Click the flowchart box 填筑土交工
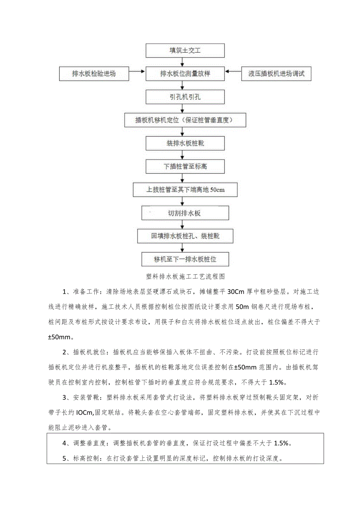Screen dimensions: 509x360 [185, 51]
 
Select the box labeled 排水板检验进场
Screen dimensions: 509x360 [94, 73]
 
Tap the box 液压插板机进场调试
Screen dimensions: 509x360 [276, 73]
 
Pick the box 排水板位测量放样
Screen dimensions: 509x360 [185, 73]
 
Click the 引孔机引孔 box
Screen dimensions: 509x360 [185, 97]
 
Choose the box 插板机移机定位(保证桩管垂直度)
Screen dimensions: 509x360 [185, 120]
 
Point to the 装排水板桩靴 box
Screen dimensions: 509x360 [185, 143]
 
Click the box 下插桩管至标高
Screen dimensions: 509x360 [185, 166]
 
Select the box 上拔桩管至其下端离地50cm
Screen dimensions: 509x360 [185, 190]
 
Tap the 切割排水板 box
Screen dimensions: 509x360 [185, 213]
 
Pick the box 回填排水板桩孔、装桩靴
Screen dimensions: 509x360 [185, 236]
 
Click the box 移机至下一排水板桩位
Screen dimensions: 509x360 [185, 259]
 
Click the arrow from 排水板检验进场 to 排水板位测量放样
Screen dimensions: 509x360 [137, 72]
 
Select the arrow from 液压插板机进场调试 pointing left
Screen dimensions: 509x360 [234, 72]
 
